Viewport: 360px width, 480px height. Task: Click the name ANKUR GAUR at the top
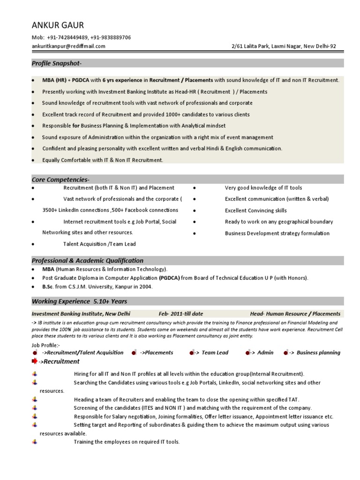click(x=58, y=25)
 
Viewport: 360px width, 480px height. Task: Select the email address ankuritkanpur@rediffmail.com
click(x=68, y=46)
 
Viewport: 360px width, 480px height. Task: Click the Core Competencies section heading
click(x=60, y=180)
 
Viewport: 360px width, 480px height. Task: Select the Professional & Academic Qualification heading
click(x=87, y=261)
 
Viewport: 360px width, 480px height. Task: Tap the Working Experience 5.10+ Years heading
click(x=79, y=301)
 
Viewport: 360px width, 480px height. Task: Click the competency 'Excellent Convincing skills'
click(x=255, y=210)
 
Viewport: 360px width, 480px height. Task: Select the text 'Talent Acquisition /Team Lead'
click(x=99, y=244)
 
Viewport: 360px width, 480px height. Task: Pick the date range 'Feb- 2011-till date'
click(x=180, y=314)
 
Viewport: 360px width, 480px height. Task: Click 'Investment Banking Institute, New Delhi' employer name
click(x=81, y=314)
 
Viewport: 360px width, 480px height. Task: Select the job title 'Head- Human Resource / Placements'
click(x=295, y=314)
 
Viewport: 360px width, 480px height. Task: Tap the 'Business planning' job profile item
click(x=318, y=352)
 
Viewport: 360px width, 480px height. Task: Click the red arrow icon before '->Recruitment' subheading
click(x=35, y=361)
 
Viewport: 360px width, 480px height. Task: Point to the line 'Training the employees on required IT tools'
click(x=127, y=442)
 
